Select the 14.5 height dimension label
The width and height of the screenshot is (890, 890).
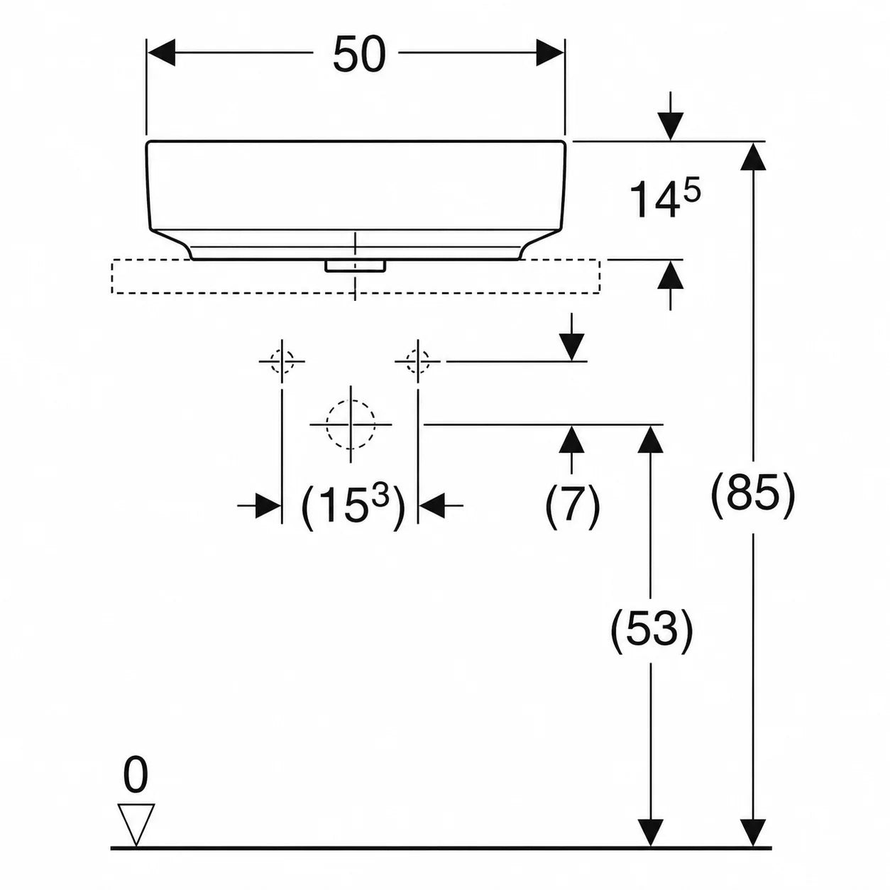coord(664,198)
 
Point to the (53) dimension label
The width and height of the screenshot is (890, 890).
coord(652,632)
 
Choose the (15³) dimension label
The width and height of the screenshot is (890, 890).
coord(353,507)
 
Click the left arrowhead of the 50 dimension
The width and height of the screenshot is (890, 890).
coord(160,53)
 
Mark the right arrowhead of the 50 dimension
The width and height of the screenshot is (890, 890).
coord(551,53)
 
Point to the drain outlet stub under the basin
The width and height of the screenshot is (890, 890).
coord(355,266)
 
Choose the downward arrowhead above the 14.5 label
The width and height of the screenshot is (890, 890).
coord(670,126)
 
